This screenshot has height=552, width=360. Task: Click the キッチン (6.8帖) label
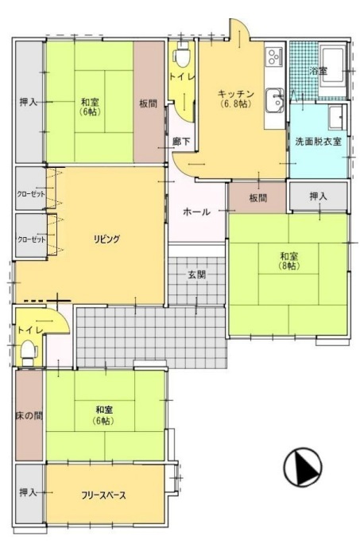pyautogui.click(x=235, y=99)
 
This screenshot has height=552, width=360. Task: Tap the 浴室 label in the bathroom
pyautogui.click(x=318, y=71)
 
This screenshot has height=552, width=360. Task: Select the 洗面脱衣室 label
pyautogui.click(x=318, y=142)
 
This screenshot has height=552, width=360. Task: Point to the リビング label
pyautogui.click(x=107, y=239)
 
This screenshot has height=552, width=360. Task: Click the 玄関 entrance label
pyautogui.click(x=197, y=274)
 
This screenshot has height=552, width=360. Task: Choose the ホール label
pyautogui.click(x=197, y=212)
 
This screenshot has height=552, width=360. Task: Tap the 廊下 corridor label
pyautogui.click(x=181, y=142)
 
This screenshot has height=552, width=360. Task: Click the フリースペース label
pyautogui.click(x=103, y=496)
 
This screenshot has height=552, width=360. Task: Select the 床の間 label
pyautogui.click(x=29, y=416)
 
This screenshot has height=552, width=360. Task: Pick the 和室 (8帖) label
pyautogui.click(x=289, y=261)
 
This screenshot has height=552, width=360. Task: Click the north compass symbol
pyautogui.click(x=303, y=467)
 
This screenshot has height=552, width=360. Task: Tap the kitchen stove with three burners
pyautogui.click(x=274, y=56)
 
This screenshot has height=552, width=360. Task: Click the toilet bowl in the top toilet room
pyautogui.click(x=182, y=56)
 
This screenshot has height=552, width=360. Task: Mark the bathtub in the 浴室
pyautogui.click(x=333, y=65)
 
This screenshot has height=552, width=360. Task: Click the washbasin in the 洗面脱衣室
pyautogui.click(x=335, y=117)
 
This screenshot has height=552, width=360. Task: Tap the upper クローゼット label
pyautogui.click(x=31, y=194)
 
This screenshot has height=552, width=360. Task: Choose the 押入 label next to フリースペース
pyautogui.click(x=28, y=492)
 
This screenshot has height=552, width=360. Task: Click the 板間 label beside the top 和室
pyautogui.click(x=148, y=103)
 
